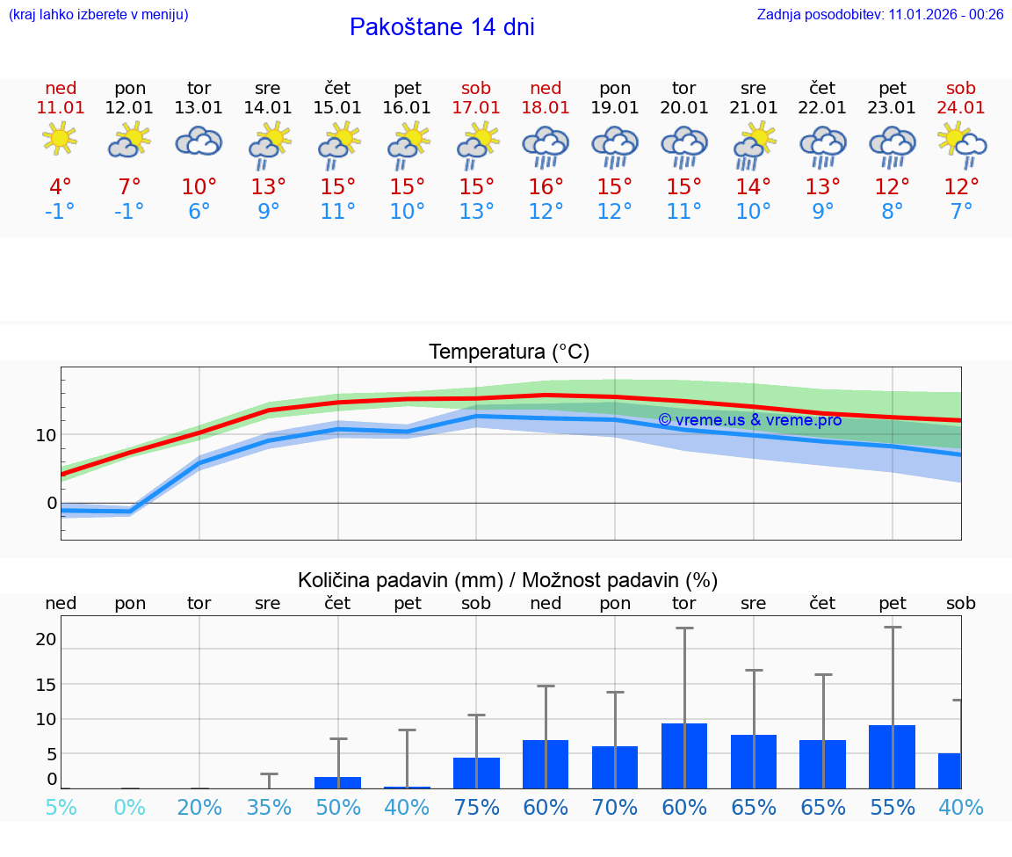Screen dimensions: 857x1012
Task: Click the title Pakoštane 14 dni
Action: click(x=442, y=27)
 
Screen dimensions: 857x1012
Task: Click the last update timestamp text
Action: click(x=880, y=14)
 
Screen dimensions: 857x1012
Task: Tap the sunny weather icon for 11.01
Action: click(x=61, y=140)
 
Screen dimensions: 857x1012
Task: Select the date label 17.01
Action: click(x=476, y=107)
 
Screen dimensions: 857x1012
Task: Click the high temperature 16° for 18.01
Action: click(x=546, y=187)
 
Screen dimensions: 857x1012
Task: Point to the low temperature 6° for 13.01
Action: click(x=199, y=212)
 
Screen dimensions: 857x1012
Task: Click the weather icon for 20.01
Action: click(x=684, y=145)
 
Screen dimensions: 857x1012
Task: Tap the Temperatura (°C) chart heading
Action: click(x=509, y=352)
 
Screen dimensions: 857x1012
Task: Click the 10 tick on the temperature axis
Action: click(x=46, y=435)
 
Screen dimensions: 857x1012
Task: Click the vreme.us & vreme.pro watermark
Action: click(x=749, y=420)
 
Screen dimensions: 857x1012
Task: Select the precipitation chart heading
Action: click(x=508, y=580)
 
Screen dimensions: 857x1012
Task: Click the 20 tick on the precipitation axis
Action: click(x=46, y=639)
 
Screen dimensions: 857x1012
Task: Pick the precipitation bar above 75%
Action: click(x=476, y=773)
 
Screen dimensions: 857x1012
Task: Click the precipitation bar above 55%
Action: click(x=892, y=757)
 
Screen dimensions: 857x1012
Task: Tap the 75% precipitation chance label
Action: click(x=476, y=807)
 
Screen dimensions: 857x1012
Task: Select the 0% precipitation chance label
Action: click(x=130, y=807)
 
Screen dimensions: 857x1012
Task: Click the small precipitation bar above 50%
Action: click(x=338, y=782)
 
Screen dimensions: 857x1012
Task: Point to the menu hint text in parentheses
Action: click(x=98, y=14)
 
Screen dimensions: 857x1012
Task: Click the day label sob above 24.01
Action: click(x=961, y=88)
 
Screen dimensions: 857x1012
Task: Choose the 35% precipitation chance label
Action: click(x=269, y=807)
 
